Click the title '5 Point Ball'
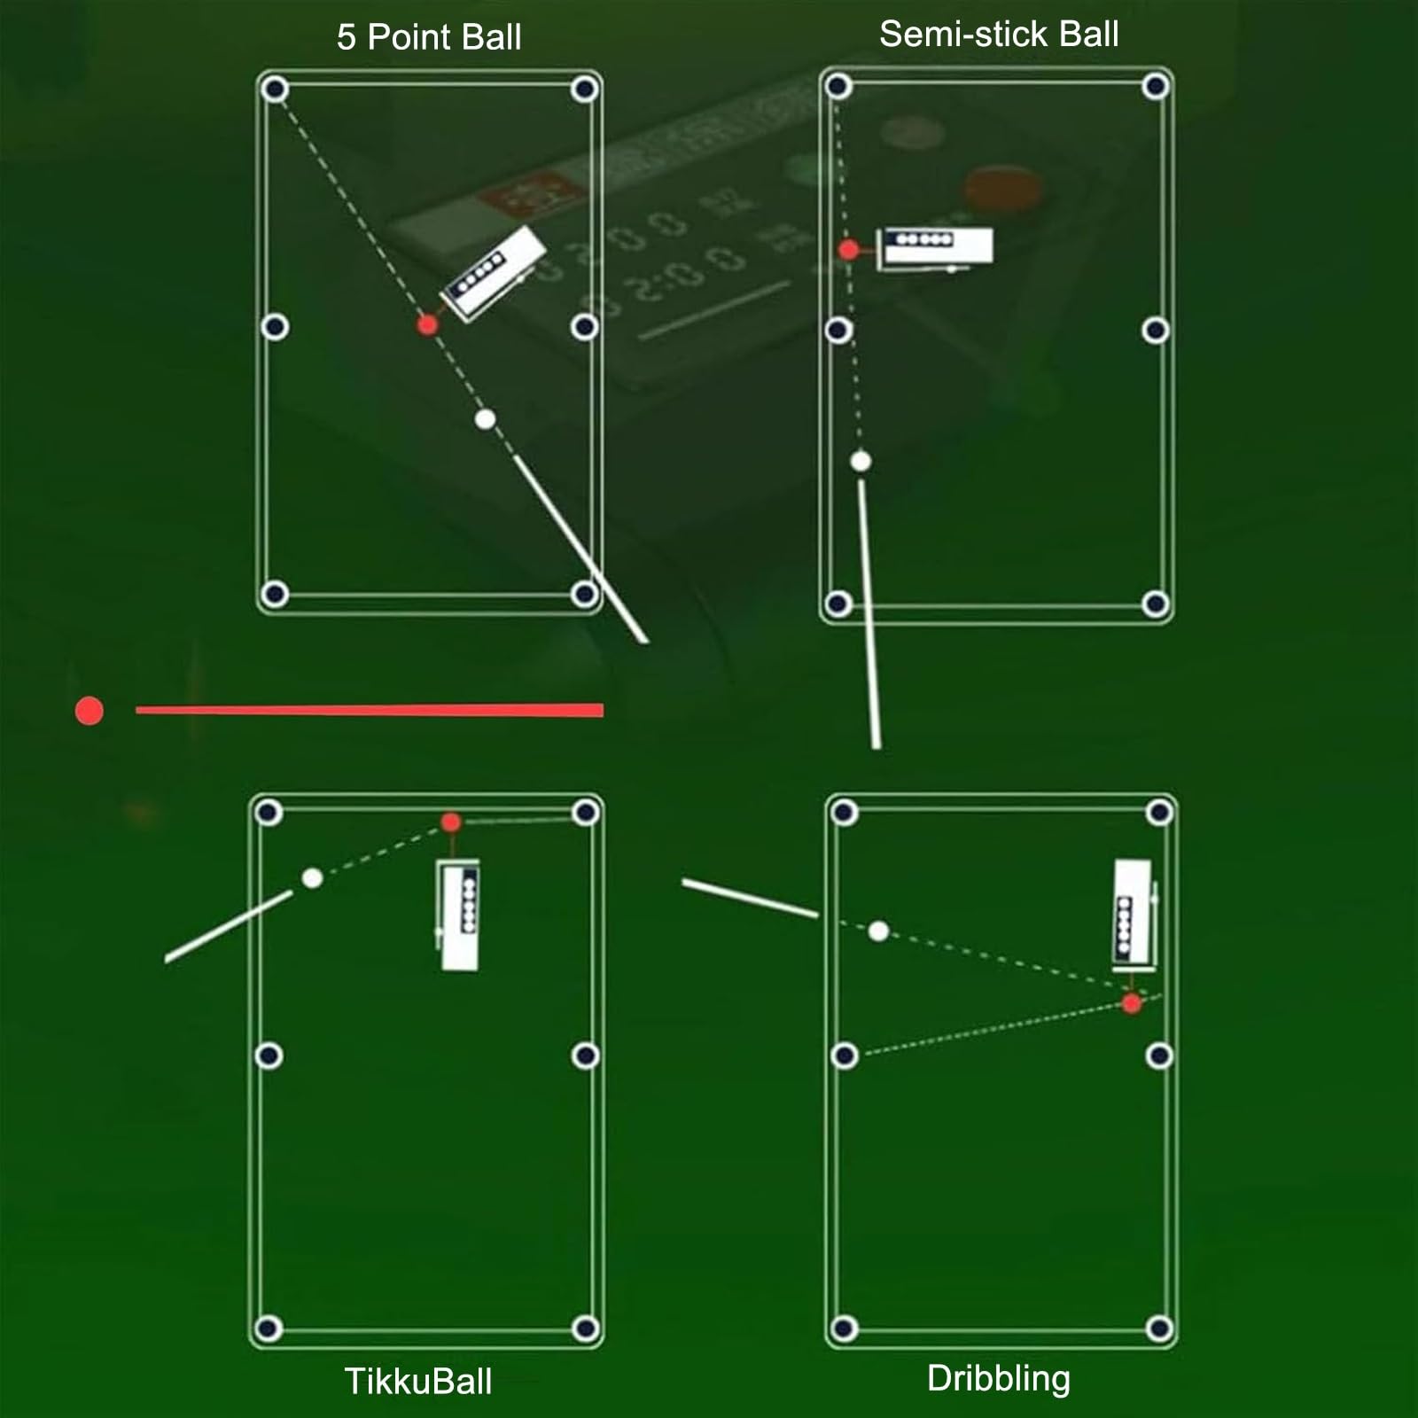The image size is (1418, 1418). pyautogui.click(x=429, y=37)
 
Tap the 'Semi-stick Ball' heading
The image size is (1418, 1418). pyautogui.click(x=999, y=35)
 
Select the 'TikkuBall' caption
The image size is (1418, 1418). pyautogui.click(x=418, y=1382)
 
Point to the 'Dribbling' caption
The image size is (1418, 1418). pyautogui.click(x=999, y=1379)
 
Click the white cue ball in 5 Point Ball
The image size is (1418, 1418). pyautogui.click(x=485, y=419)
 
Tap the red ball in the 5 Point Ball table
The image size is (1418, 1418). pyautogui.click(x=427, y=325)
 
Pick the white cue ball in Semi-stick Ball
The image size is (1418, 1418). pyautogui.click(x=861, y=461)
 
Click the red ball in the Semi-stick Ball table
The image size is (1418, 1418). pyautogui.click(x=848, y=250)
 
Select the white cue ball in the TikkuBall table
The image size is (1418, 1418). pyautogui.click(x=312, y=878)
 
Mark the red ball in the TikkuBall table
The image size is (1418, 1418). pyautogui.click(x=451, y=822)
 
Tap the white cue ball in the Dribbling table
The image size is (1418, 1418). pyautogui.click(x=878, y=931)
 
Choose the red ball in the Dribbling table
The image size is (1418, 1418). pyautogui.click(x=1132, y=1003)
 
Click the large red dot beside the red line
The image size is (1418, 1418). pyautogui.click(x=90, y=711)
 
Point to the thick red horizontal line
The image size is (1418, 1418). pyautogui.click(x=370, y=710)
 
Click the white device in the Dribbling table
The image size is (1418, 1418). pyautogui.click(x=1134, y=913)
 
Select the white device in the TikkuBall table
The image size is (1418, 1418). pyautogui.click(x=459, y=915)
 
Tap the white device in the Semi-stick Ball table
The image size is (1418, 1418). pyautogui.click(x=935, y=245)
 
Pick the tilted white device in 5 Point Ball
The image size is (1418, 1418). pyautogui.click(x=494, y=272)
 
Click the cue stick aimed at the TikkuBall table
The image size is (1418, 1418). pyautogui.click(x=229, y=926)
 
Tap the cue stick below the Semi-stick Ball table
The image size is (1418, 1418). pyautogui.click(x=869, y=614)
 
